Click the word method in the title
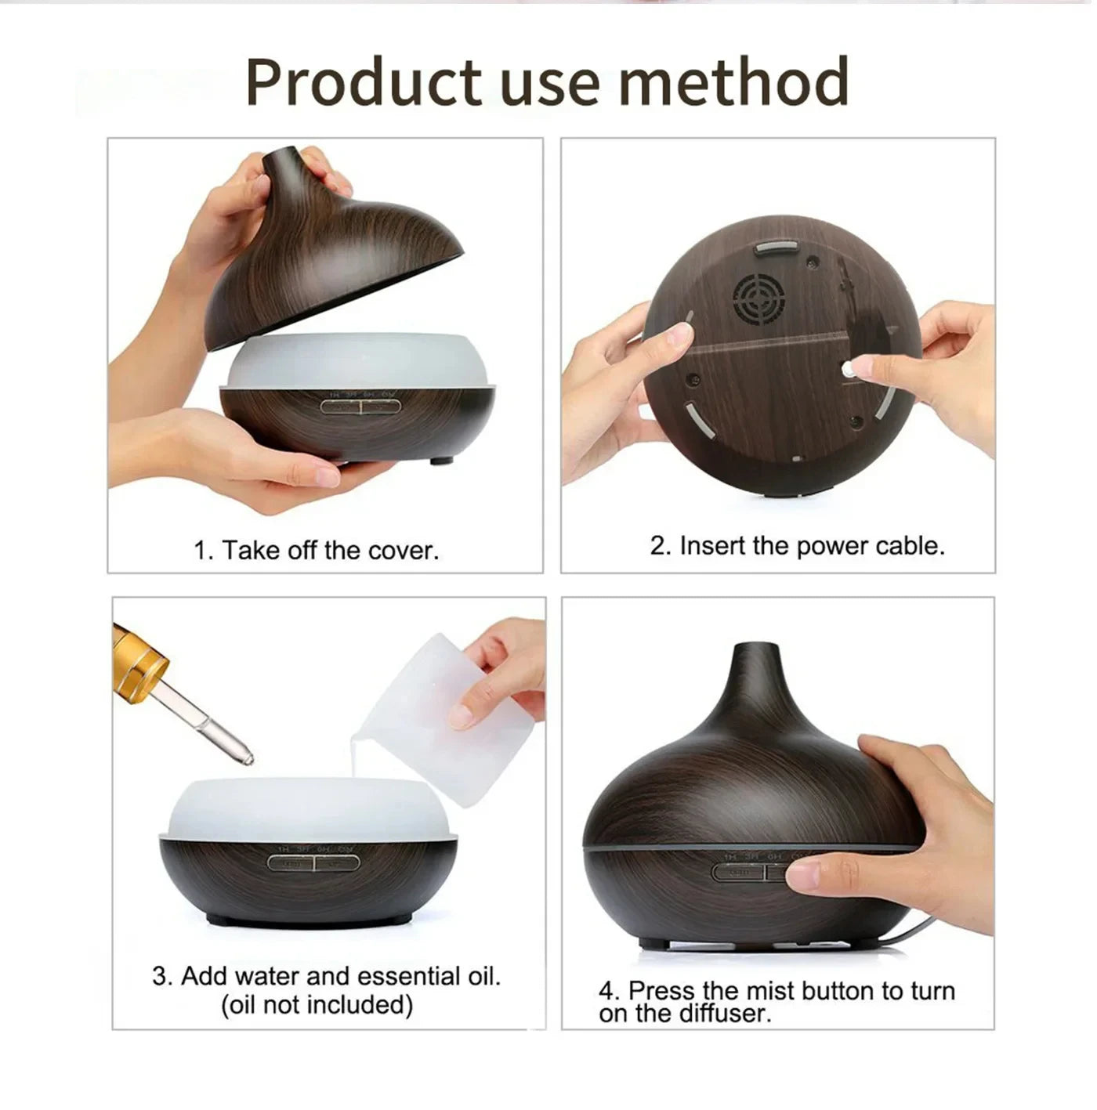click(x=733, y=82)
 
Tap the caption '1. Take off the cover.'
click(x=317, y=551)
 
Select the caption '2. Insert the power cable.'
click(x=797, y=546)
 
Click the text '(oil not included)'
click(x=317, y=1005)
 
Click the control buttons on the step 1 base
click(x=360, y=407)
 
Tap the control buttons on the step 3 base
click(x=313, y=863)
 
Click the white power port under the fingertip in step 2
click(x=849, y=371)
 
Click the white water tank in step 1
click(x=357, y=360)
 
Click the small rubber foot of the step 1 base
click(x=441, y=461)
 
